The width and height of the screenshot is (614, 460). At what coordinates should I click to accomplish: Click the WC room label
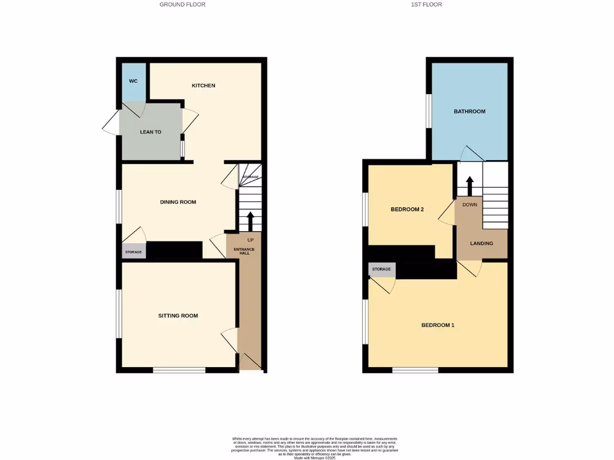pos(133,81)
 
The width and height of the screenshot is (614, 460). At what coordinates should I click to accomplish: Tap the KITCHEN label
pos(203,86)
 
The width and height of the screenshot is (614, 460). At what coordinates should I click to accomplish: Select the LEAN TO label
pos(151,132)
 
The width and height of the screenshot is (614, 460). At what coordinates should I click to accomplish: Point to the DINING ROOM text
pos(178,202)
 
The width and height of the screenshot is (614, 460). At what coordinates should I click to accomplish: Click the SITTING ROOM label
pos(178,316)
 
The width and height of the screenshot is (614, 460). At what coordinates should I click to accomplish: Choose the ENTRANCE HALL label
pos(244,251)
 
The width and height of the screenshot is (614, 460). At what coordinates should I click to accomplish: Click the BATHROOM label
pos(469,111)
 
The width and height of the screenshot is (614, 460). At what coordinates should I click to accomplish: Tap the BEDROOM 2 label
pos(407,209)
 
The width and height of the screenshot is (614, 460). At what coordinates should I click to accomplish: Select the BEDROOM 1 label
pos(438,325)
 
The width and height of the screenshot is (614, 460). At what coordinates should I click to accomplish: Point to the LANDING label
pos(481,243)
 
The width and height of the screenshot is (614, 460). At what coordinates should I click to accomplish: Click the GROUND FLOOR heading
pos(182,5)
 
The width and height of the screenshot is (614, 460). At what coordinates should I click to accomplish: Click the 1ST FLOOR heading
pos(426,5)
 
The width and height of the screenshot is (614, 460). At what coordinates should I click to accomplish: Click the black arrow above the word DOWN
pos(469,186)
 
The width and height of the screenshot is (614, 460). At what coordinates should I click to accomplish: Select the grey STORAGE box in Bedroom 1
pos(381,270)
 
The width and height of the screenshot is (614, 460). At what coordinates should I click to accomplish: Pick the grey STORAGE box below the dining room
pos(134,252)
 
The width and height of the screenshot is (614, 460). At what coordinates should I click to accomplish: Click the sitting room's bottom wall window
pos(179,370)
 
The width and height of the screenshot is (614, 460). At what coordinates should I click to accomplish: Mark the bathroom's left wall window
pos(429,111)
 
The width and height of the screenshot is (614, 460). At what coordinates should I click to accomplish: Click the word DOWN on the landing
pos(469,204)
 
